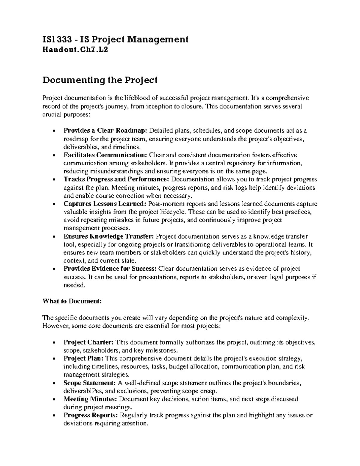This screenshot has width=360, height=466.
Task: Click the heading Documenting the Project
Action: pos(100,80)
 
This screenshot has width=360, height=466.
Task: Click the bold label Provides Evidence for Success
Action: pos(110,269)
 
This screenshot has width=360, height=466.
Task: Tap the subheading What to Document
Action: pos(72,302)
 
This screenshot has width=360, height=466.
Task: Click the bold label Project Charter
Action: pos(89,342)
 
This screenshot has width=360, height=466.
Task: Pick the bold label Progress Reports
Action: pos(91,416)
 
